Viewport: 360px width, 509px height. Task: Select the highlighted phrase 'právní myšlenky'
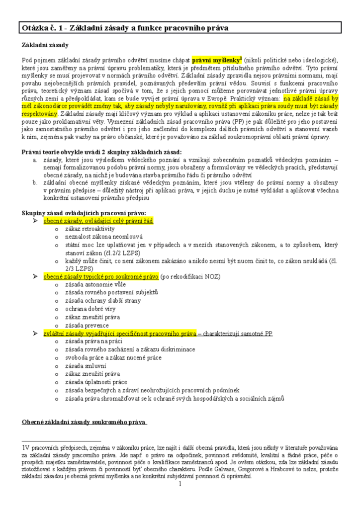click(212, 60)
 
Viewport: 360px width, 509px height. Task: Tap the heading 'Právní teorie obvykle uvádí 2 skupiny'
click(101, 152)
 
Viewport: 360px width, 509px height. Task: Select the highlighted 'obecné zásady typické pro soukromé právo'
click(101, 276)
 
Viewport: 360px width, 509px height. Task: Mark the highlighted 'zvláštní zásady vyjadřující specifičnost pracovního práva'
click(120, 333)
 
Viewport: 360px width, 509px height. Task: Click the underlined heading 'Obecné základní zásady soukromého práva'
click(84, 423)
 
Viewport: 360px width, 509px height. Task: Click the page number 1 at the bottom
click(180, 484)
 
